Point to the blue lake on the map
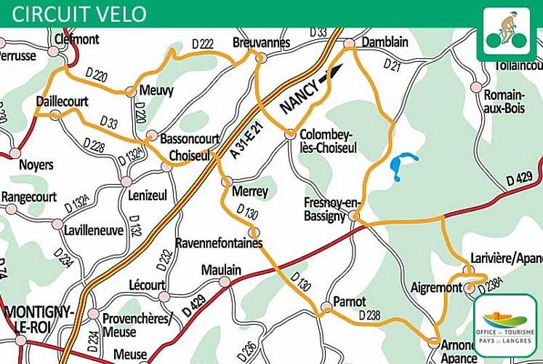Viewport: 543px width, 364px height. click(x=402, y=166)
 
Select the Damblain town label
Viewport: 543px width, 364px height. click(x=385, y=42)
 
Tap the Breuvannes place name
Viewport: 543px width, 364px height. click(x=261, y=42)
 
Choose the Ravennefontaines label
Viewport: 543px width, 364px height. click(x=219, y=243)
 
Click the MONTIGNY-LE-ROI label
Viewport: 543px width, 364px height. click(x=39, y=318)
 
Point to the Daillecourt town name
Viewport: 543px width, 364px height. click(x=62, y=102)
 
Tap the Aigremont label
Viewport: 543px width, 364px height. click(x=436, y=288)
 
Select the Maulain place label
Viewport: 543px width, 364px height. click(x=221, y=270)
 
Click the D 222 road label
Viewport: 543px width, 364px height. click(x=203, y=45)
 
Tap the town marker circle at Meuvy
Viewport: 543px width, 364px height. click(x=130, y=92)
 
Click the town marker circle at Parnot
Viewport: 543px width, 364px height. click(x=326, y=310)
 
